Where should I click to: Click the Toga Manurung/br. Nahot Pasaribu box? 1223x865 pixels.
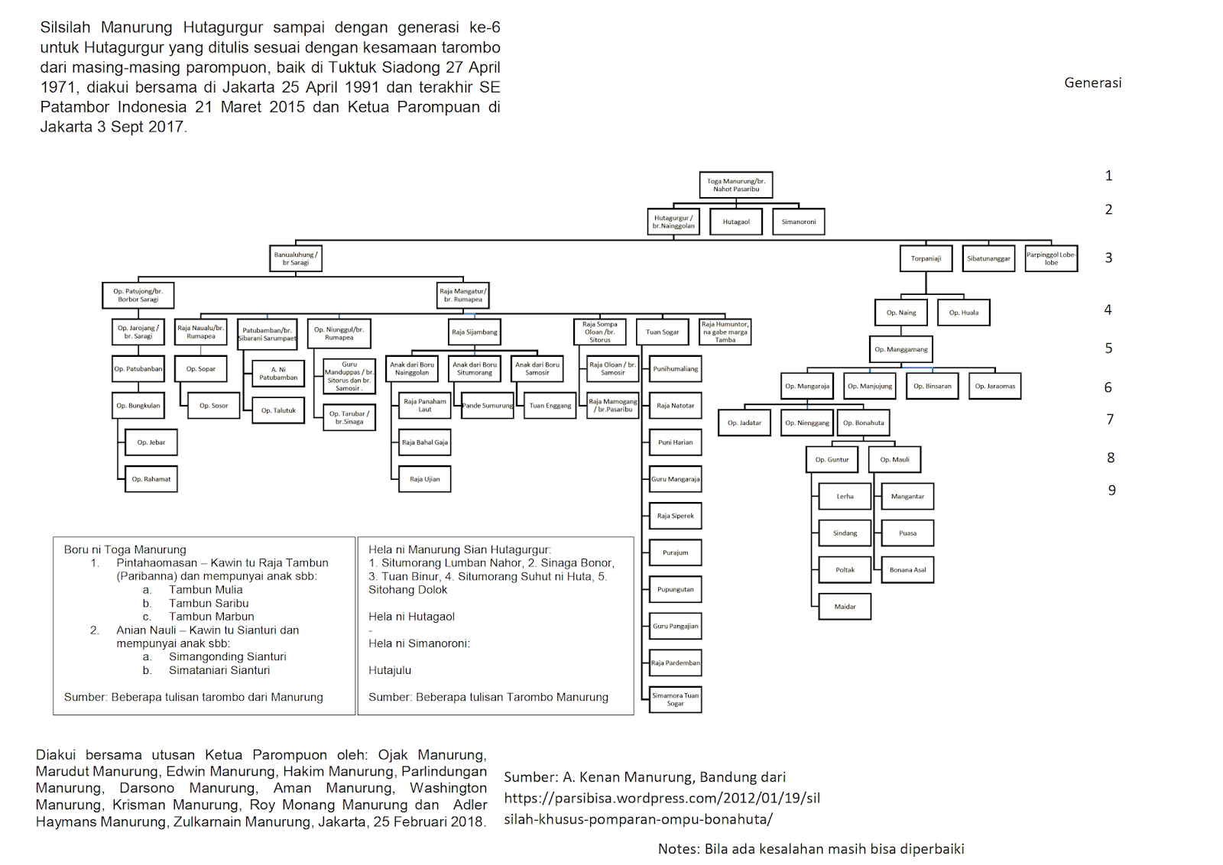coord(735,185)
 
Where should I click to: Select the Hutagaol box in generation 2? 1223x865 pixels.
coord(736,222)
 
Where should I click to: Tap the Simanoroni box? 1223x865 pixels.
coord(798,222)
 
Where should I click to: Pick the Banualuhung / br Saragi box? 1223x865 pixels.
coord(296,258)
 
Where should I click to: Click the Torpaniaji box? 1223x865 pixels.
coord(926,258)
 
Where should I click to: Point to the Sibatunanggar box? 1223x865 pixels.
coord(988,258)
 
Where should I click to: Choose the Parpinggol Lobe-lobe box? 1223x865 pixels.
coord(1051,258)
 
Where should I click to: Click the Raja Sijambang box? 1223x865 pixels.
coord(474,332)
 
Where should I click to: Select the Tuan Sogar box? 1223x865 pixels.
coord(662,332)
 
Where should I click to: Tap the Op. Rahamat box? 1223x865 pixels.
coord(151,479)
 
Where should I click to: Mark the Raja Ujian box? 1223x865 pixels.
coord(425,479)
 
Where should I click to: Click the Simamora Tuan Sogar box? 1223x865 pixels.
coord(675,699)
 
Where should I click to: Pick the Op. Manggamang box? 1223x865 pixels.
coord(901,349)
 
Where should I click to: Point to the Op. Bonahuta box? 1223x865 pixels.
coord(863,423)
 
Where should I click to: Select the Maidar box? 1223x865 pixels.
coord(845,607)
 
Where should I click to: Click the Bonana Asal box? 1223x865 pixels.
coord(907,569)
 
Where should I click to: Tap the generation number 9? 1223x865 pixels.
coord(1111,491)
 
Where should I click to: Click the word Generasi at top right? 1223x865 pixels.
coord(1092,83)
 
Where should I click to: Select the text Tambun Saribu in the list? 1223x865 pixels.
coord(209,603)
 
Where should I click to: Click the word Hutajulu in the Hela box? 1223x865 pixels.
coord(390,670)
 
